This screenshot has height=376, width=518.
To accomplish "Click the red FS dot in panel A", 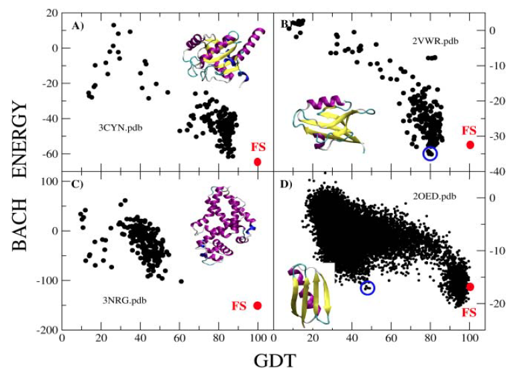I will click(258, 162).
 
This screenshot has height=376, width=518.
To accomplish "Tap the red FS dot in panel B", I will click(470, 144).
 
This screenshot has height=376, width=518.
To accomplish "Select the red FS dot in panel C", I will click(258, 305).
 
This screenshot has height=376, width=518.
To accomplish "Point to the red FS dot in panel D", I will click(470, 287).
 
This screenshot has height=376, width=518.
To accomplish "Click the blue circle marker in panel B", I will click(430, 153).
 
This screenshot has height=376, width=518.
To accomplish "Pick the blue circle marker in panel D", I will click(368, 287).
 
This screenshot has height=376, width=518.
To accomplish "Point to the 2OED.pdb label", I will click(435, 196).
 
